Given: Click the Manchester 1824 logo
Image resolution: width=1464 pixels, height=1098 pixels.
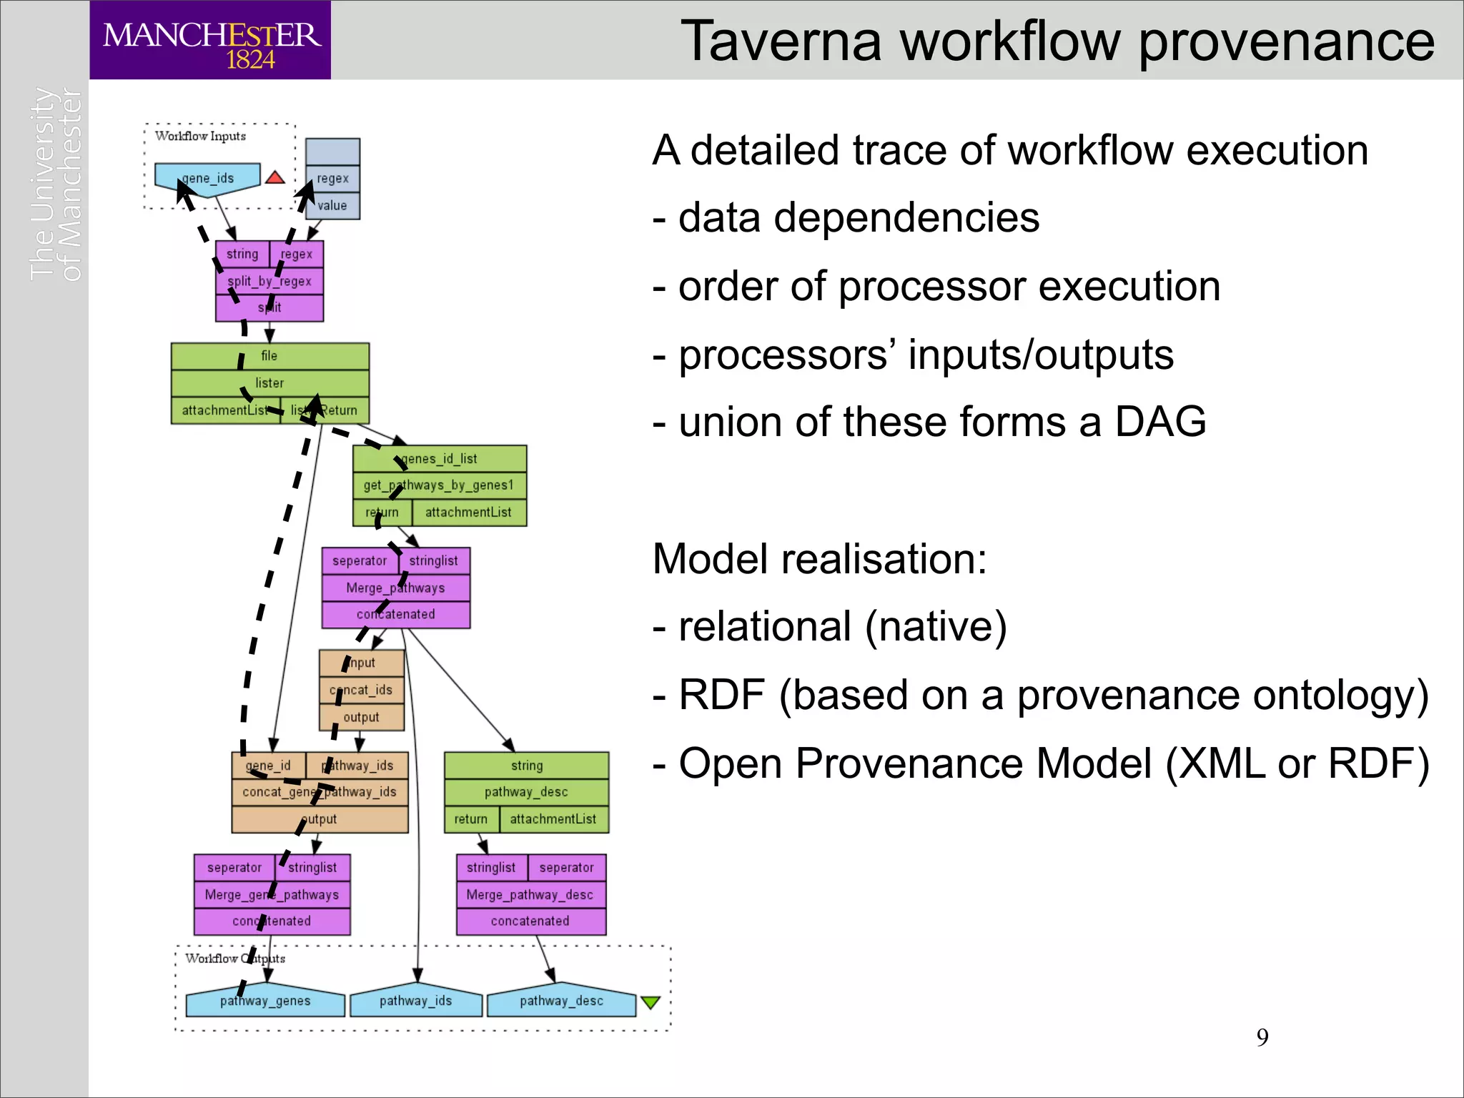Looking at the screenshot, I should point(210,41).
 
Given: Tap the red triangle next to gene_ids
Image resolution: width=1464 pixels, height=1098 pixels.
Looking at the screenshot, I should point(275,178).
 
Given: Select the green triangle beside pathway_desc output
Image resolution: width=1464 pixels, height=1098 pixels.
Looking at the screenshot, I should point(650,1002).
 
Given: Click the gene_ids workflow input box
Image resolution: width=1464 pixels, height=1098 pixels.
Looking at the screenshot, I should point(207,178).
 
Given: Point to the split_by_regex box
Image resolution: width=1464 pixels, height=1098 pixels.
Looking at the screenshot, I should point(269,281).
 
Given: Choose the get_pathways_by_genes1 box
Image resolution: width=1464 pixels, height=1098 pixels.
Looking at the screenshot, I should point(439,485).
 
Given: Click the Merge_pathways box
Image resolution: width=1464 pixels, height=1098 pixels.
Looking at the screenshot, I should point(395,588).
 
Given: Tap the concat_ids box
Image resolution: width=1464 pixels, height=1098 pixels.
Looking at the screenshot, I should point(361,690).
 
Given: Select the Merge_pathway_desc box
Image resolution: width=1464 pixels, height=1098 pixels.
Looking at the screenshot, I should point(530,894).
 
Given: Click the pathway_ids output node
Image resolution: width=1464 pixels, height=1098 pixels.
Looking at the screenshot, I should point(416,1001).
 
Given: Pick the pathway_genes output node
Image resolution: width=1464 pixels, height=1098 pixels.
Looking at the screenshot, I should point(265,1001).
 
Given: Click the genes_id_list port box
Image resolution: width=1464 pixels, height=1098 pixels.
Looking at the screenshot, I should point(439,458).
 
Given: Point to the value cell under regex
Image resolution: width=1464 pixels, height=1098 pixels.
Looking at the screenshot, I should point(332,205).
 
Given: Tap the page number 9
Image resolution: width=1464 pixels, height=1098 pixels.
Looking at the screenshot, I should point(1262,1037).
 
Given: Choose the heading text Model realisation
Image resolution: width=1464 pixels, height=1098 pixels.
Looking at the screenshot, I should point(819,559).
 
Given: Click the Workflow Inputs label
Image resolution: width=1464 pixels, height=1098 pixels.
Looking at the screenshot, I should point(200,136).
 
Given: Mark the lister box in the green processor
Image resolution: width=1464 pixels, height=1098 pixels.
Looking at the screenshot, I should point(269,383).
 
